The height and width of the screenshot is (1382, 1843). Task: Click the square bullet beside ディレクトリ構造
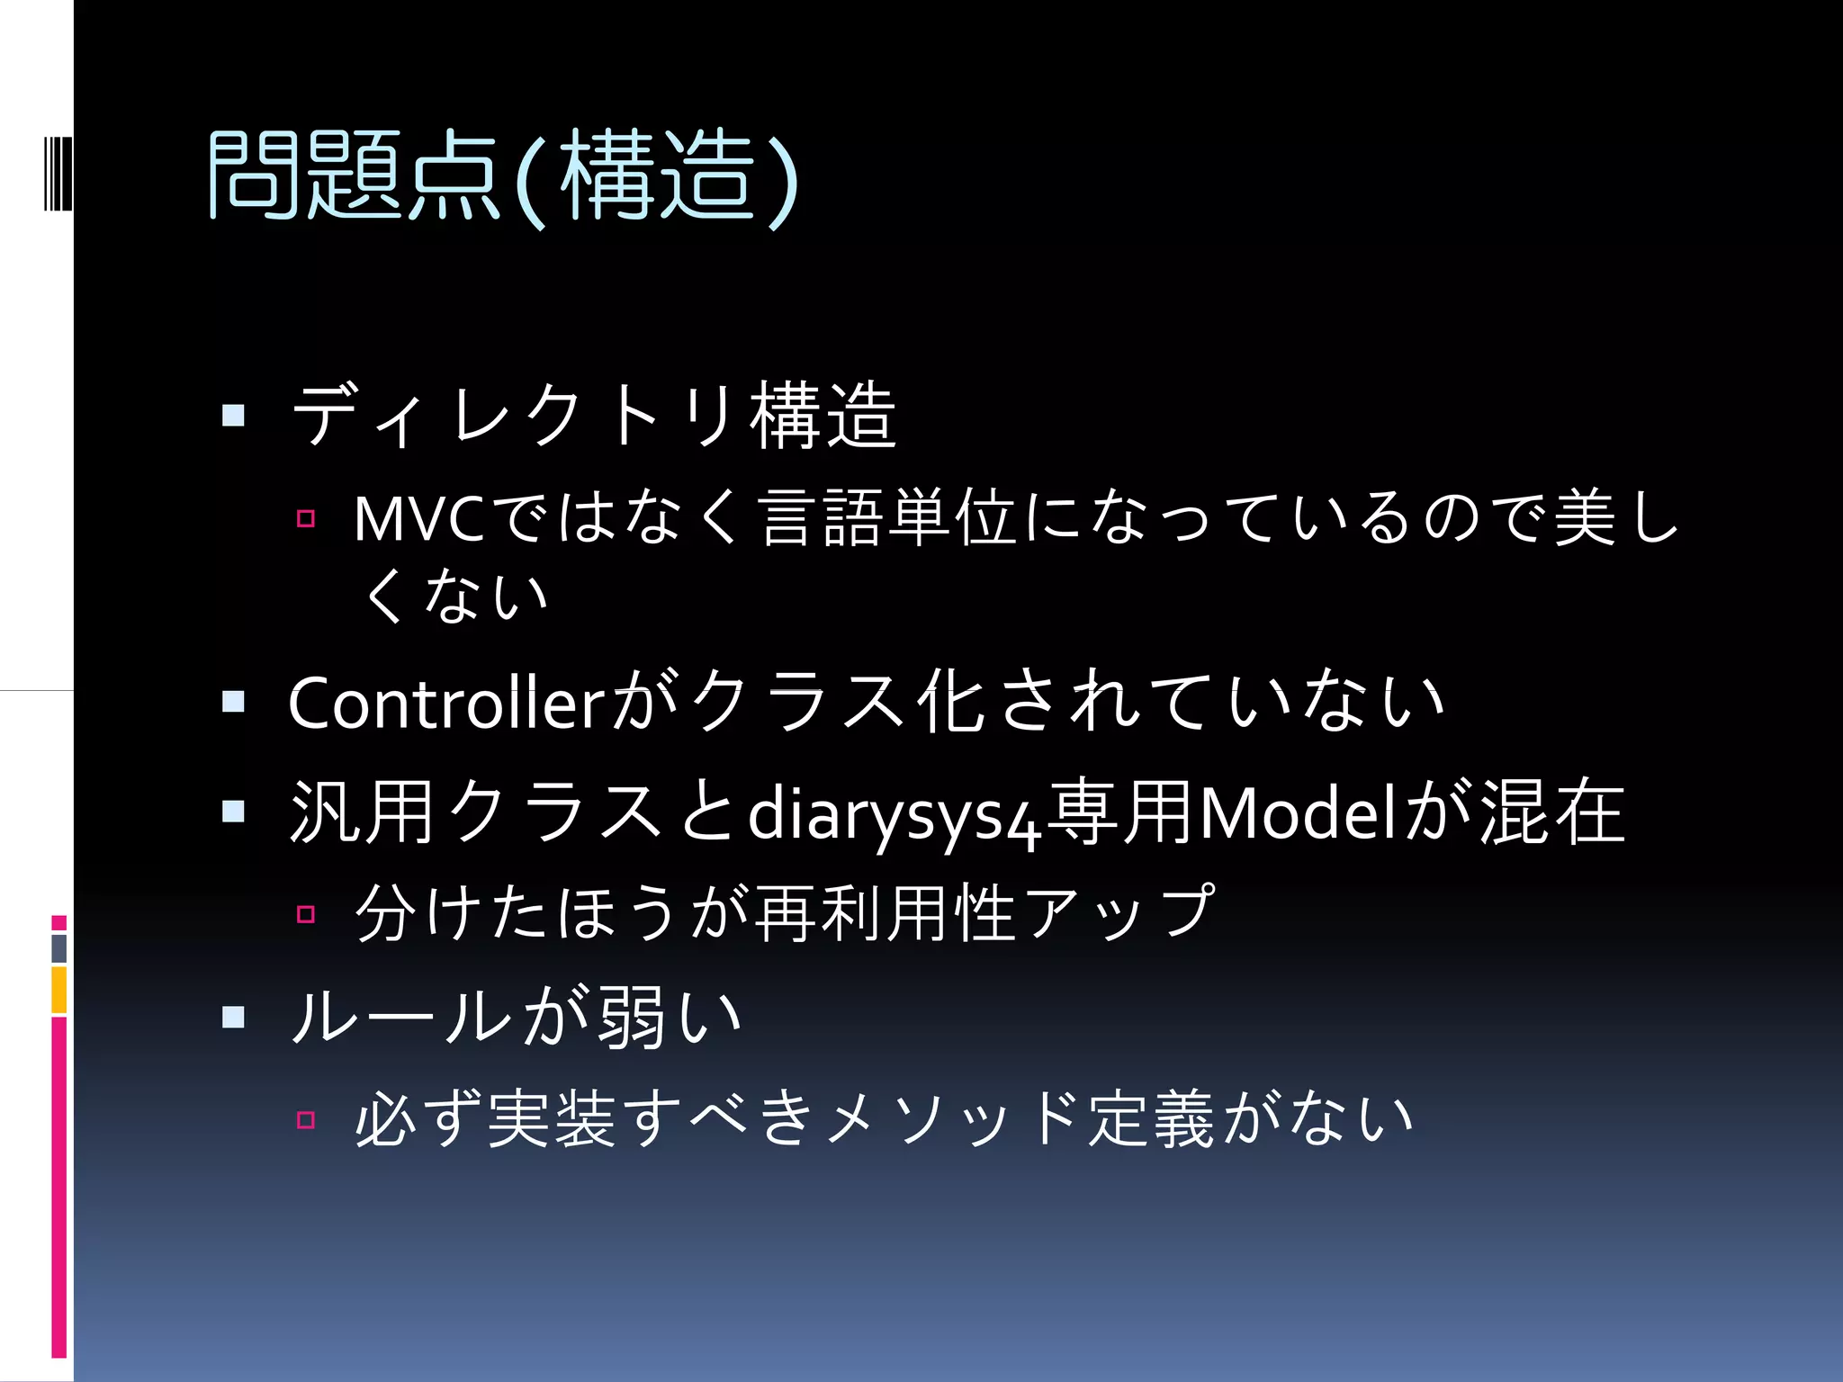coord(233,415)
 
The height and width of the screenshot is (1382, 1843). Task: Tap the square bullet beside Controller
coord(233,702)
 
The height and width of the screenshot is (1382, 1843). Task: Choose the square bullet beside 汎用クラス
coord(233,812)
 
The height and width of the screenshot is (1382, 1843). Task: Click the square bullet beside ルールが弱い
coord(233,1017)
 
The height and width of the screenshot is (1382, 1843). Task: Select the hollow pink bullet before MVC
coord(306,518)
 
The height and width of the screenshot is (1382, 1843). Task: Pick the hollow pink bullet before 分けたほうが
coord(306,915)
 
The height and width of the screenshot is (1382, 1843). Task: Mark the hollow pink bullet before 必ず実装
coord(306,1119)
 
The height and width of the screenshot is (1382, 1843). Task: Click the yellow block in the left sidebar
coord(58,990)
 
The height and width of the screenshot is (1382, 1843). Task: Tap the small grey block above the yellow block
coord(58,947)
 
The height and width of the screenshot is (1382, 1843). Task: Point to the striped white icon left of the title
coord(58,172)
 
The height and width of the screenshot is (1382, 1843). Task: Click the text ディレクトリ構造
coord(594,415)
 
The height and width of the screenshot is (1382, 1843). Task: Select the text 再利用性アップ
coord(985,913)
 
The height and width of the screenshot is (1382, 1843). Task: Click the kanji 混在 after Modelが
coord(1552,812)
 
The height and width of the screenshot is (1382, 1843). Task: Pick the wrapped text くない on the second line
coord(454,596)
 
